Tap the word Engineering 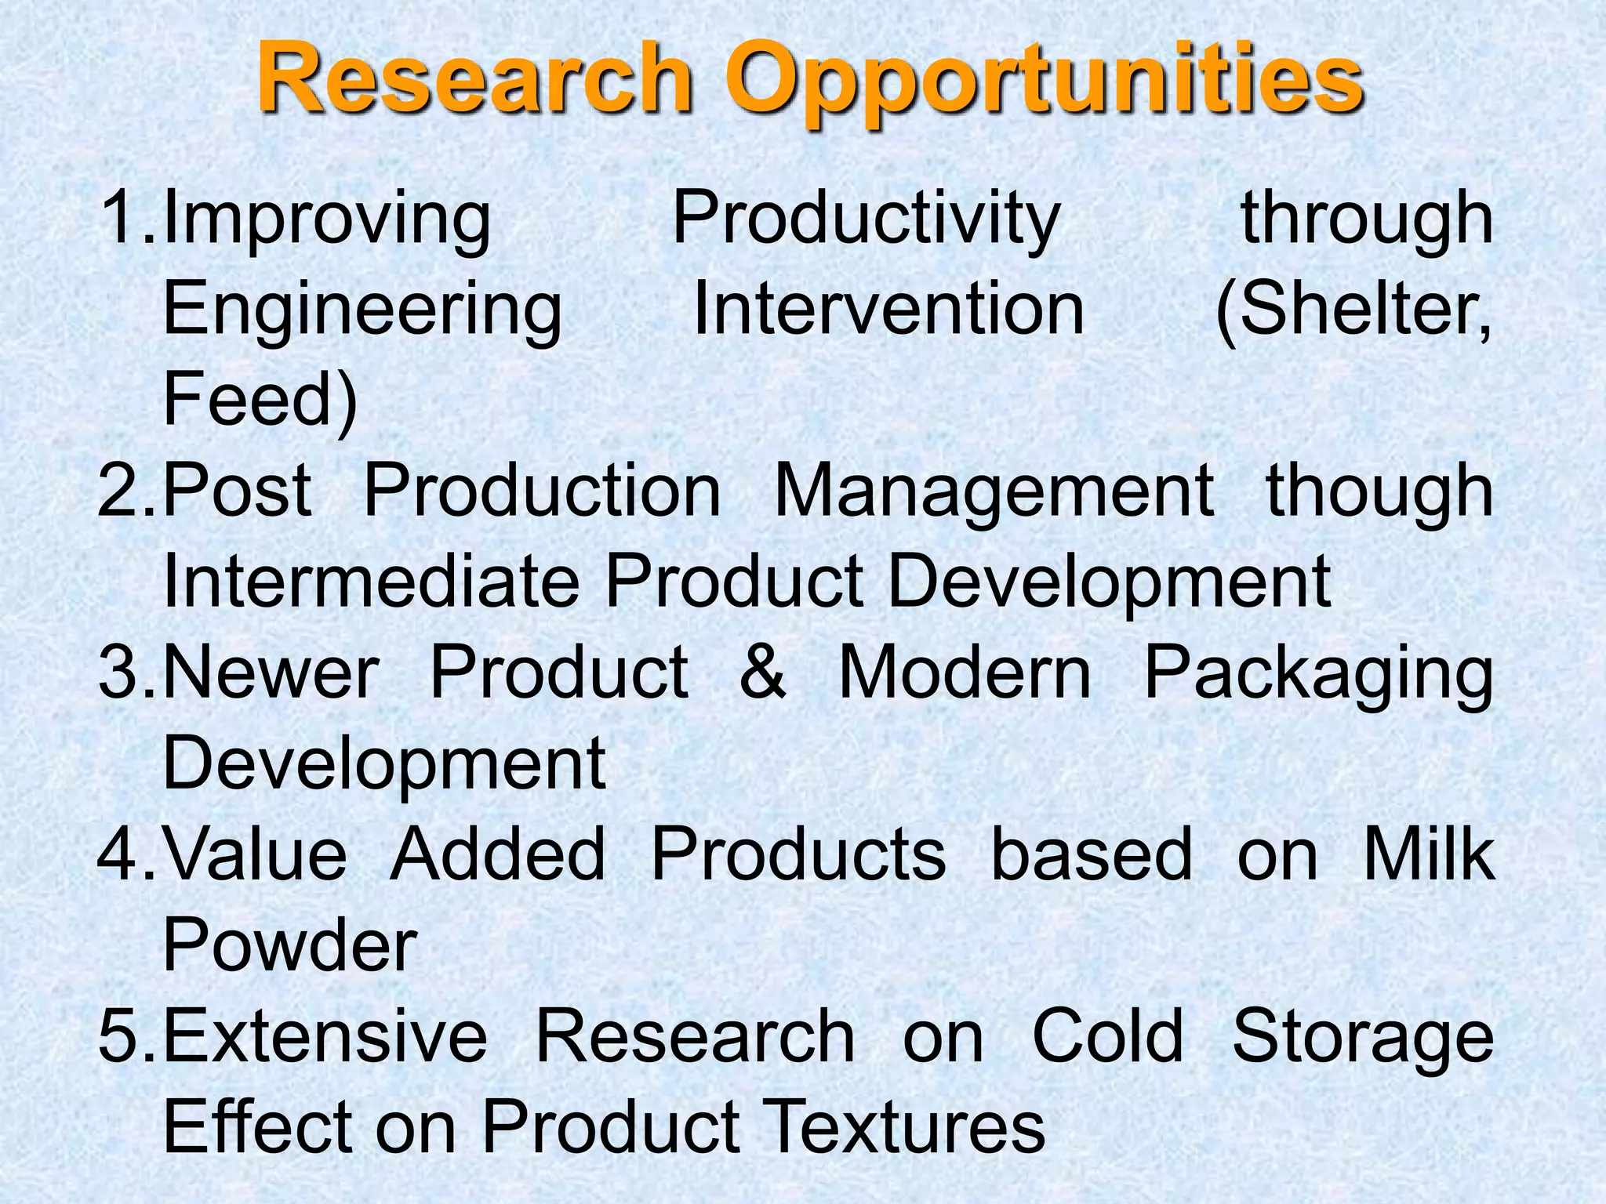362,311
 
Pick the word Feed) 260,400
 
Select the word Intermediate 370,582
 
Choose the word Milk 1429,854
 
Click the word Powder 289,945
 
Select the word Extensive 325,1036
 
